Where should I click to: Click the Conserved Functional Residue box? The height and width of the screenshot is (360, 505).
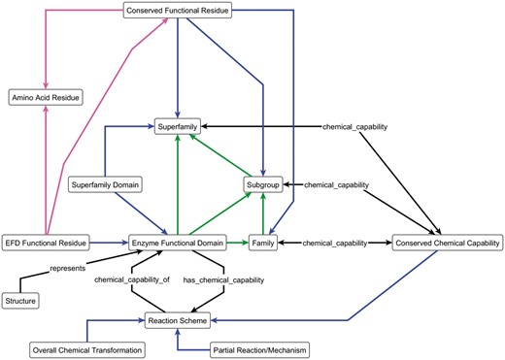(x=182, y=12)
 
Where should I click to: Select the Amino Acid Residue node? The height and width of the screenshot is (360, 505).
(x=45, y=97)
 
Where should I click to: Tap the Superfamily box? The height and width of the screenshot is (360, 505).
(x=182, y=126)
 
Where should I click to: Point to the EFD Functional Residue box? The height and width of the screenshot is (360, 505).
(x=47, y=241)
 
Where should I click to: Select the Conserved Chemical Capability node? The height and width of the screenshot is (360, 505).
(x=446, y=241)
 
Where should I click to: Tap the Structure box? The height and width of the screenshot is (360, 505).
(x=20, y=302)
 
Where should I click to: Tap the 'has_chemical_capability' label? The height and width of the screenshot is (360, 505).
(x=224, y=280)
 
